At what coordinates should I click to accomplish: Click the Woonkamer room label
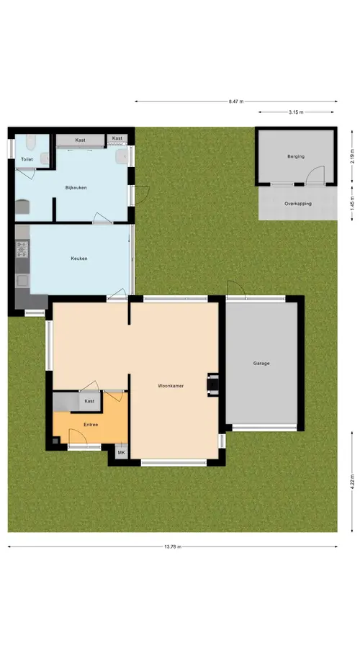pyautogui.click(x=171, y=386)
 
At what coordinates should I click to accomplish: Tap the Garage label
pyautogui.click(x=261, y=364)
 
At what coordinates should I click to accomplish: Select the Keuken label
pyautogui.click(x=79, y=258)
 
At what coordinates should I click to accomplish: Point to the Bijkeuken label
pyautogui.click(x=76, y=188)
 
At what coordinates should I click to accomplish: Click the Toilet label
pyautogui.click(x=27, y=159)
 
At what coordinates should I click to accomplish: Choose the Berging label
pyautogui.click(x=296, y=157)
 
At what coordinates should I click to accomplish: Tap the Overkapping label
pyautogui.click(x=298, y=204)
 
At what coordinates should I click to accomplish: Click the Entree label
pyautogui.click(x=91, y=424)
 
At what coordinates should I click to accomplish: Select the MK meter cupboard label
pyautogui.click(x=121, y=453)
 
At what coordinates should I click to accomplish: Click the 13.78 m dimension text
pyautogui.click(x=173, y=546)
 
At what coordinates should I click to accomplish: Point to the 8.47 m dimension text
pyautogui.click(x=236, y=102)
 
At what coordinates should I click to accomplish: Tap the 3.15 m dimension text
pyautogui.click(x=297, y=112)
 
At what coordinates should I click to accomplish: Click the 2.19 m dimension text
pyautogui.click(x=352, y=157)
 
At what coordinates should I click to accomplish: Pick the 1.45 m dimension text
pyautogui.click(x=352, y=204)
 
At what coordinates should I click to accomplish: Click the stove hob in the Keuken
pyautogui.click(x=22, y=250)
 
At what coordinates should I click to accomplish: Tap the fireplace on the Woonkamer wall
pyautogui.click(x=213, y=384)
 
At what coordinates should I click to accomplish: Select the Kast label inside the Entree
pyautogui.click(x=89, y=401)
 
